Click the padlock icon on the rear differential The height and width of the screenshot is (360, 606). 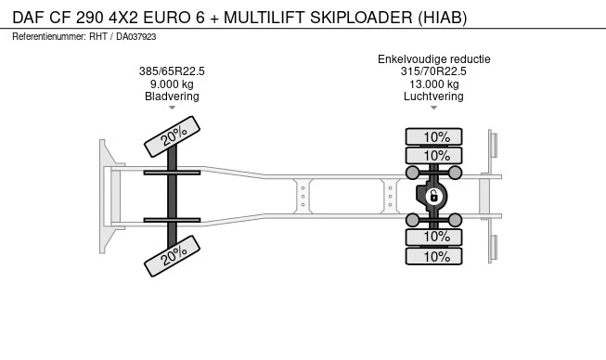(433, 196)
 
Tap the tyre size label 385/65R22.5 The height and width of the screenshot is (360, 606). (172, 71)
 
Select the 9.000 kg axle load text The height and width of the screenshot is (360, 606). (172, 84)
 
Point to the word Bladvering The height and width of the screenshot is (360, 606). (172, 96)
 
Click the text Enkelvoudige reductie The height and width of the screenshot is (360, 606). (434, 59)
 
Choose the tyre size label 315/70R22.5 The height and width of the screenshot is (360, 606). (433, 71)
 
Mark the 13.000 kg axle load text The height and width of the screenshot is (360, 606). (434, 84)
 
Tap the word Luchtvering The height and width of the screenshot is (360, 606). (433, 96)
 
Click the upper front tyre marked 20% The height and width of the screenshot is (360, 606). (172, 136)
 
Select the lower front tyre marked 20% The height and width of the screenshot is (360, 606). (172, 256)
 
